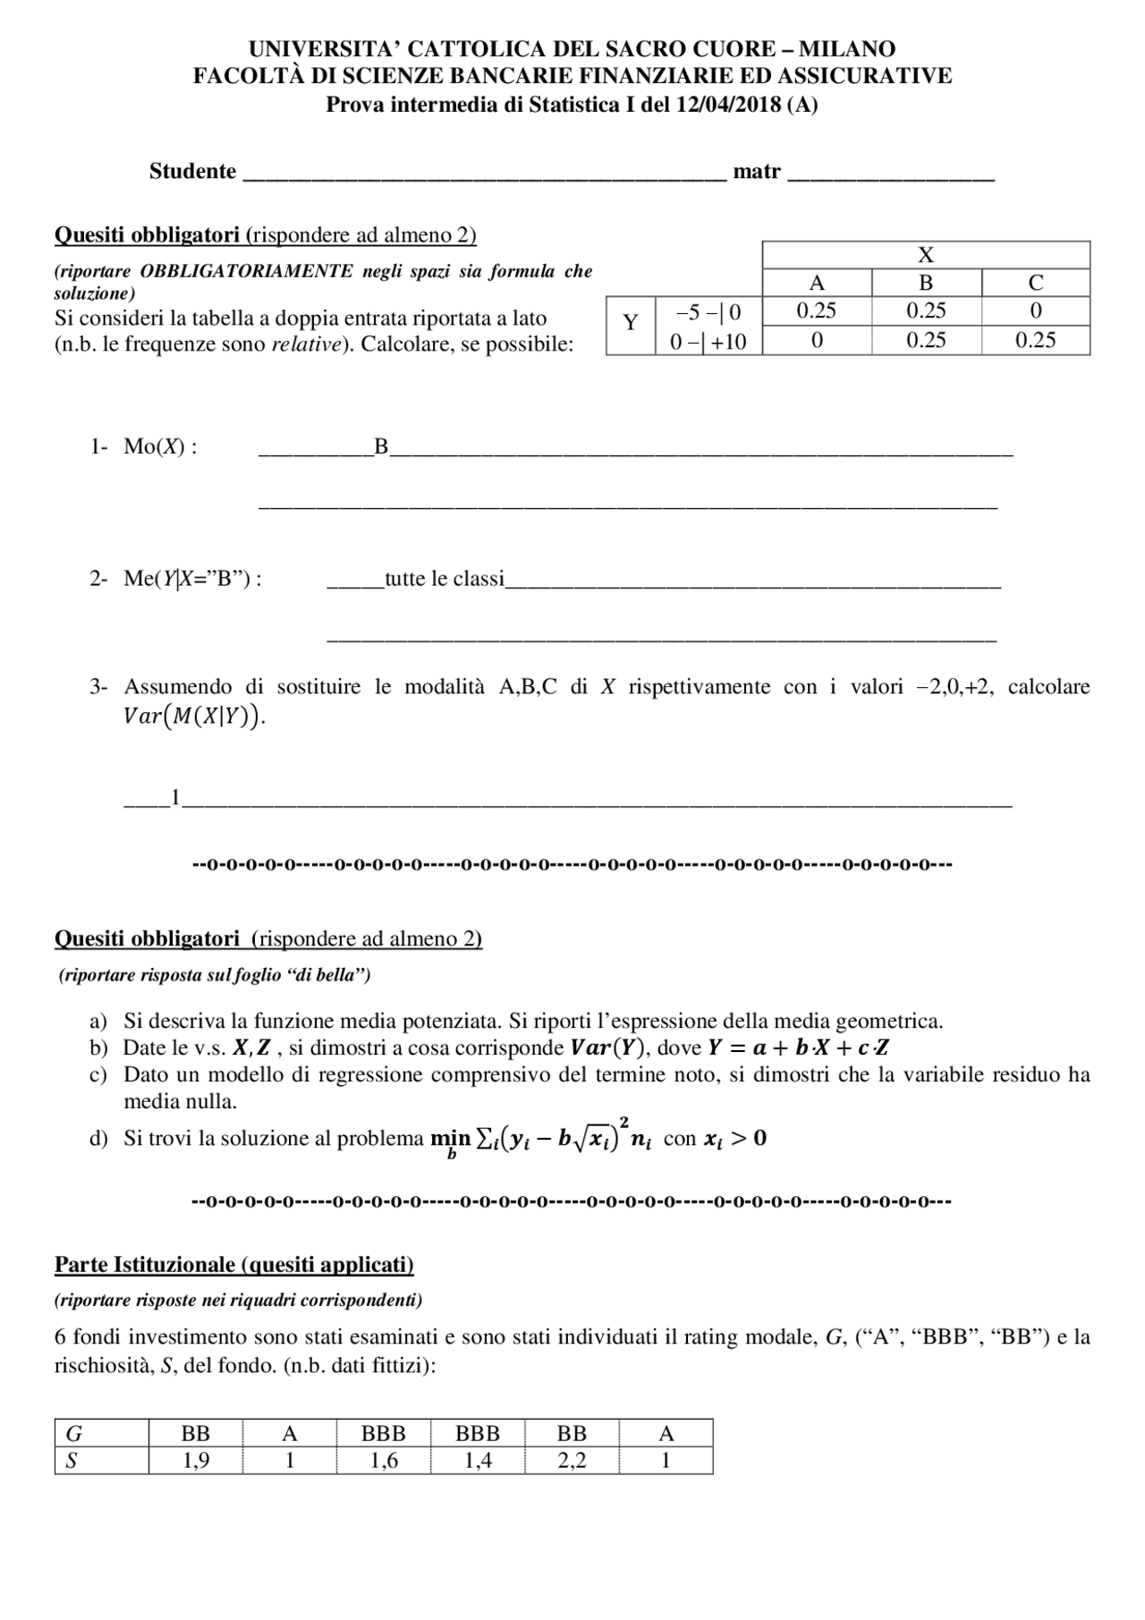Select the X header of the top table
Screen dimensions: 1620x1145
tap(926, 255)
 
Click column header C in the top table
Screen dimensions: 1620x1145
tap(1035, 283)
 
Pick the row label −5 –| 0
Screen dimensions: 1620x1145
tap(708, 311)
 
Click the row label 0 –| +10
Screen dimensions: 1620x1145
tap(708, 340)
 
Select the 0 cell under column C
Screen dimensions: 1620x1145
tap(1035, 310)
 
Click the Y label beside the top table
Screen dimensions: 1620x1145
tap(631, 323)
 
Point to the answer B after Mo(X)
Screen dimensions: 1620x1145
tap(381, 446)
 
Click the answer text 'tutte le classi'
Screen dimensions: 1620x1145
tap(445, 579)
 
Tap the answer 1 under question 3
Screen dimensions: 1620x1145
tap(175, 795)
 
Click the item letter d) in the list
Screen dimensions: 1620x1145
tap(98, 1139)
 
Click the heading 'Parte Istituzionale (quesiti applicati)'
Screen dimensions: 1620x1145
tap(234, 1264)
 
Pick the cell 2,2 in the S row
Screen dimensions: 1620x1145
tap(572, 1461)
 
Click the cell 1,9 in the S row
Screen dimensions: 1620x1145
tap(195, 1461)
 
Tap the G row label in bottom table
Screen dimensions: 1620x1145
tap(74, 1434)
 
